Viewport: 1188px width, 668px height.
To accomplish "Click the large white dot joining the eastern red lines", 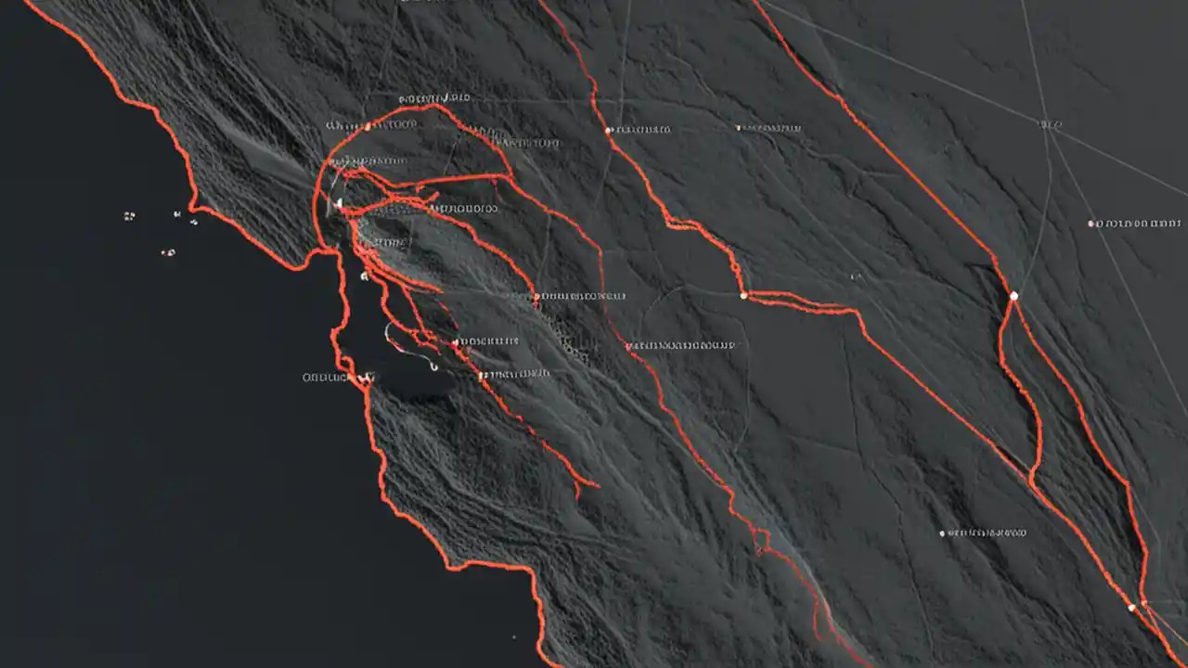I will (x=1014, y=296).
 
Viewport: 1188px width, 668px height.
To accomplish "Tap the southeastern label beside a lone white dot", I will (x=986, y=533).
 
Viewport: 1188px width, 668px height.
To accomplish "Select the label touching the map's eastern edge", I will (x=1139, y=224).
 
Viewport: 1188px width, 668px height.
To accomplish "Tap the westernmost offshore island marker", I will (x=129, y=216).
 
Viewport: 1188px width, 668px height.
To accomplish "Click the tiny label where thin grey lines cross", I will (x=1051, y=123).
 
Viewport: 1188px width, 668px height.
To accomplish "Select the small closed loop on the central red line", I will (x=761, y=539).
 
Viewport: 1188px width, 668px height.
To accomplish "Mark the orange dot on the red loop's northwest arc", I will (x=368, y=125).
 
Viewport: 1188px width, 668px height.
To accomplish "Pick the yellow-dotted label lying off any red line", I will (x=769, y=128).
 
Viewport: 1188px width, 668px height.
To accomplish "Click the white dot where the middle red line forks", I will (x=743, y=296).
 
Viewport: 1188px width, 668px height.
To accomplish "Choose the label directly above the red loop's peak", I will (x=434, y=97).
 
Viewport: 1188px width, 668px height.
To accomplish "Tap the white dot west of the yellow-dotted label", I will (x=609, y=131).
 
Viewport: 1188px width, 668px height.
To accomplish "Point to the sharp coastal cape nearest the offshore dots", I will (x=193, y=206).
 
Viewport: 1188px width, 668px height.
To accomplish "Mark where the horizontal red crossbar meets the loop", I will (x=508, y=176).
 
